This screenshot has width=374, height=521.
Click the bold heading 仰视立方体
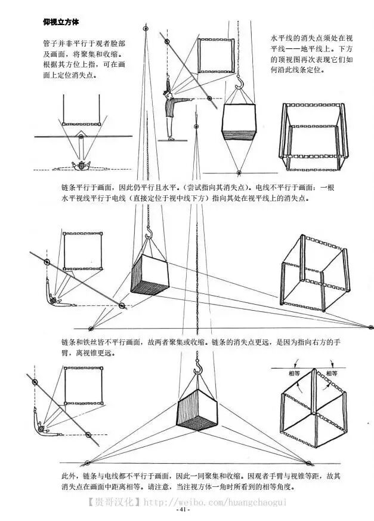tap(61, 22)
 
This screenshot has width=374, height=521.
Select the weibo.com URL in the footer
tap(215, 502)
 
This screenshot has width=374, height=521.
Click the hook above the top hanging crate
tap(240, 81)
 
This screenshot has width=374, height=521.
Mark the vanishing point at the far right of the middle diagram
tap(370, 327)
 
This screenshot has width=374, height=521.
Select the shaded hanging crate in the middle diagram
tap(149, 275)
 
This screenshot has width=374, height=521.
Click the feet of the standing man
tap(171, 138)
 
